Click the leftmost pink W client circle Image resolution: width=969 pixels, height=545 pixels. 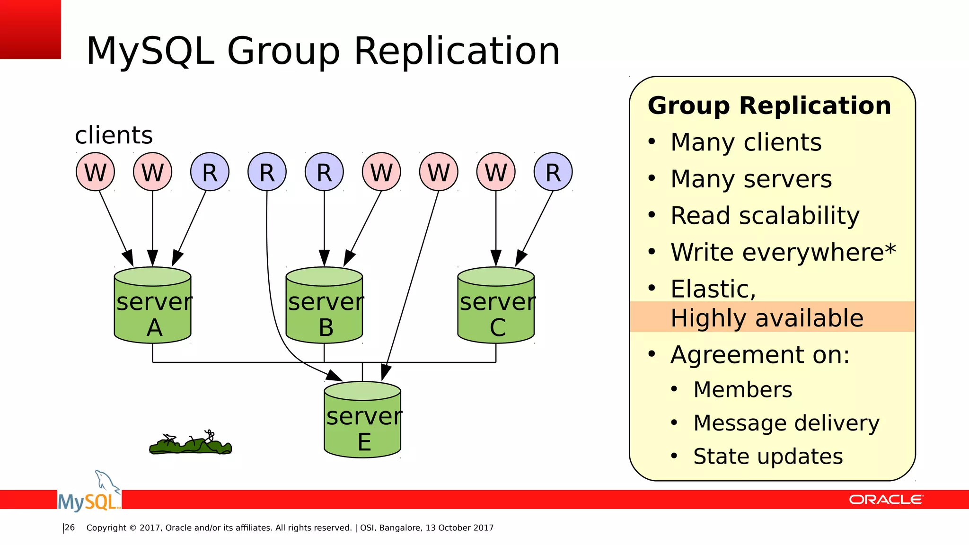(x=96, y=172)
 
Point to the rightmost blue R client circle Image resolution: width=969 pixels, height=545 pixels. (x=553, y=172)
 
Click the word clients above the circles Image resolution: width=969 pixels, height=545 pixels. (x=114, y=135)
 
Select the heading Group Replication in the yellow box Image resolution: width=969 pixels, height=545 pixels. (x=769, y=105)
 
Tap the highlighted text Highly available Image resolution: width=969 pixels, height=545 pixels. (x=766, y=317)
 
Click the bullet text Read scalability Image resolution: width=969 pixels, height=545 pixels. (x=765, y=216)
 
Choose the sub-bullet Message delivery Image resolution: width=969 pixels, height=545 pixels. (x=786, y=423)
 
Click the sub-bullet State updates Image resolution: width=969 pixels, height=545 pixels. (x=768, y=457)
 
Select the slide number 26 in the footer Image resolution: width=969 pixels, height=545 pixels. (x=70, y=527)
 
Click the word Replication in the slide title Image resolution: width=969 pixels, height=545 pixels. (x=457, y=51)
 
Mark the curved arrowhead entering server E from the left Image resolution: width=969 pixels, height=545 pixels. (x=335, y=377)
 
